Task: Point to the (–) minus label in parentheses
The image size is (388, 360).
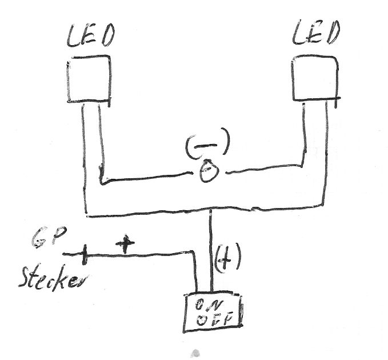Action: coord(207,146)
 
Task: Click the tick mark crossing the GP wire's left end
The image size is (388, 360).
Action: coord(84,255)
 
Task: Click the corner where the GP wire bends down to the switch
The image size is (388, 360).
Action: coord(194,252)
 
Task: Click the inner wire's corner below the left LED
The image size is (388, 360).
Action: coord(102,183)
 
